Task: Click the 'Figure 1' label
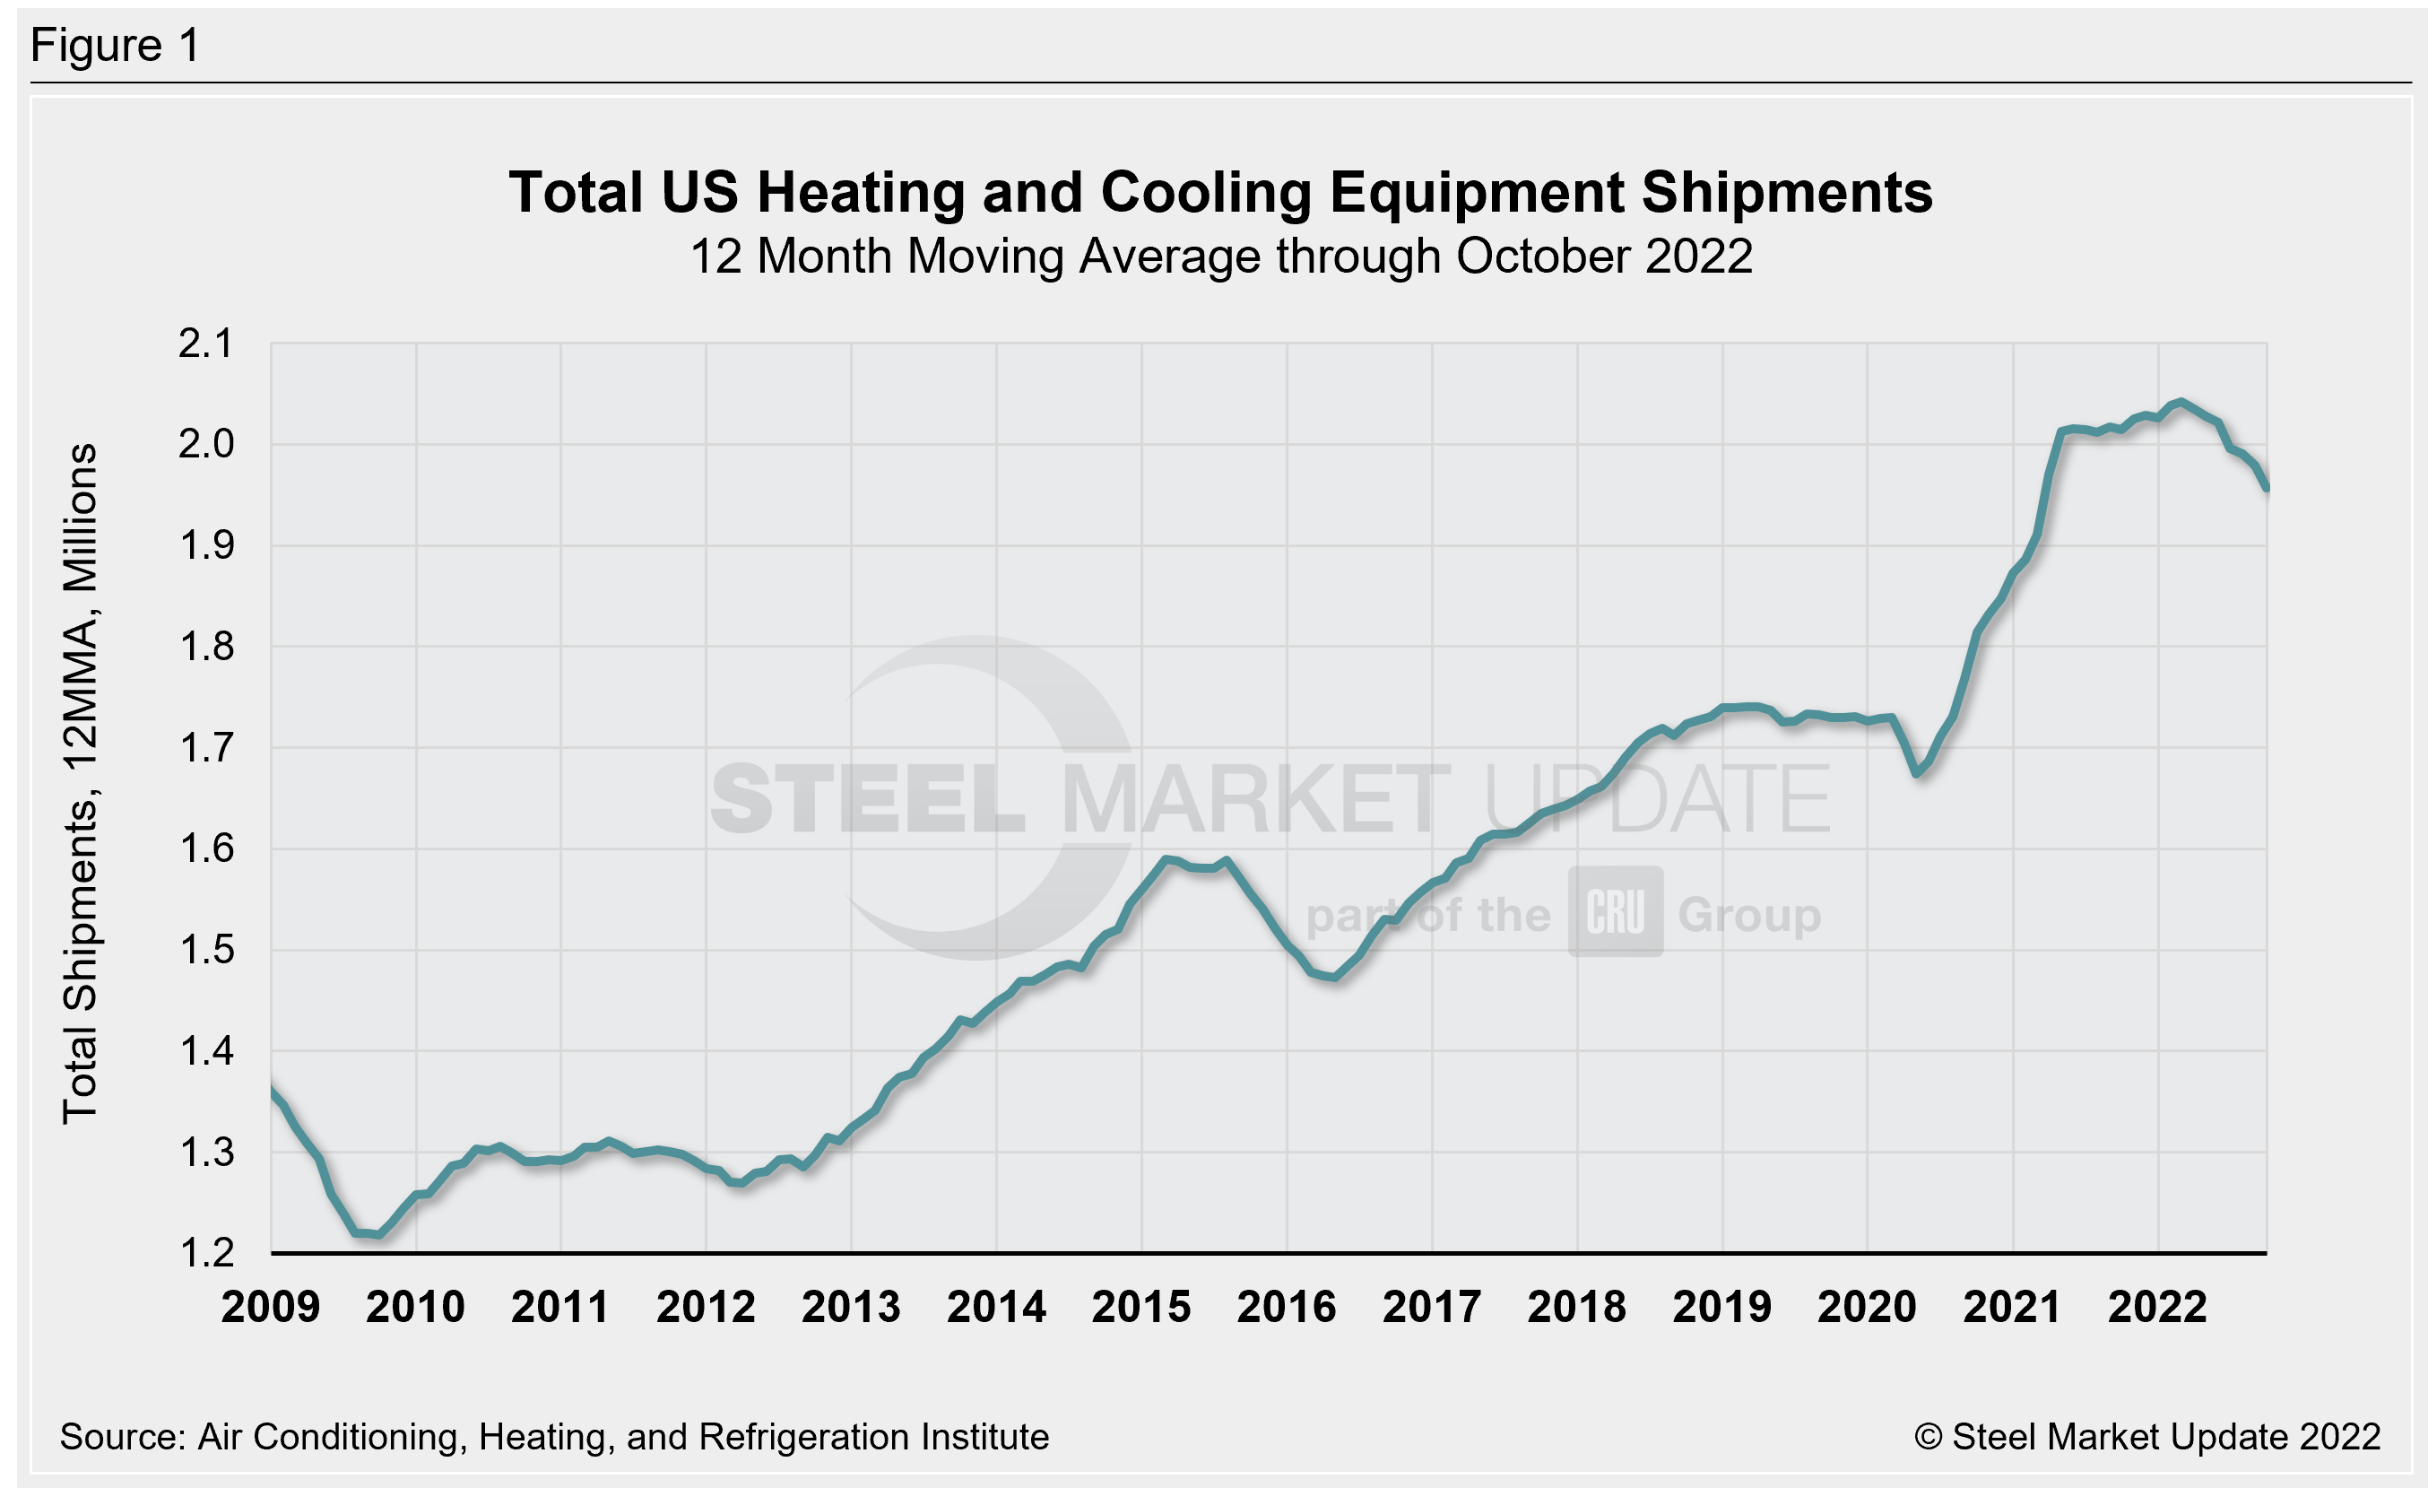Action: tap(116, 46)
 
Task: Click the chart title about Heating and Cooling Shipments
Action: tap(1220, 192)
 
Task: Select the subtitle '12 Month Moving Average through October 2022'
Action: tap(1220, 257)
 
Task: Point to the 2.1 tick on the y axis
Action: tap(206, 344)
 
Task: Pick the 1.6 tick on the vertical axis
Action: tap(206, 848)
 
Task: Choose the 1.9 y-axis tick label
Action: tap(206, 545)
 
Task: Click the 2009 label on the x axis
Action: tap(270, 1308)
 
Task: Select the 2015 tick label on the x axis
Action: tap(1141, 1308)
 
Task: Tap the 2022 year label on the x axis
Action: tap(2157, 1308)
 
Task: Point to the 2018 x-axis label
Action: tap(1576, 1308)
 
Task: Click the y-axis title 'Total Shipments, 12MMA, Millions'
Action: tap(81, 783)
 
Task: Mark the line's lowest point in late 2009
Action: tap(379, 1235)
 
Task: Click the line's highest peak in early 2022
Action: tap(2181, 402)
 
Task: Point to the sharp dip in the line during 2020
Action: tap(1918, 773)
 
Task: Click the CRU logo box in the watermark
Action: tap(1615, 912)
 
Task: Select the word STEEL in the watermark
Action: tap(867, 799)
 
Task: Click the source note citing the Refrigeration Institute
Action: tap(554, 1437)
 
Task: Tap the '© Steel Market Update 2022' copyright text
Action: tap(2147, 1437)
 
